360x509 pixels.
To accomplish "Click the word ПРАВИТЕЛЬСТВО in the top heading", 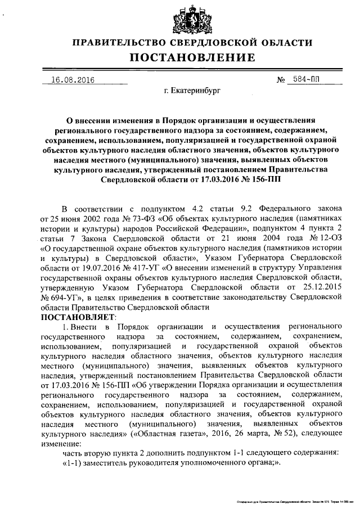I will tap(124, 43).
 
